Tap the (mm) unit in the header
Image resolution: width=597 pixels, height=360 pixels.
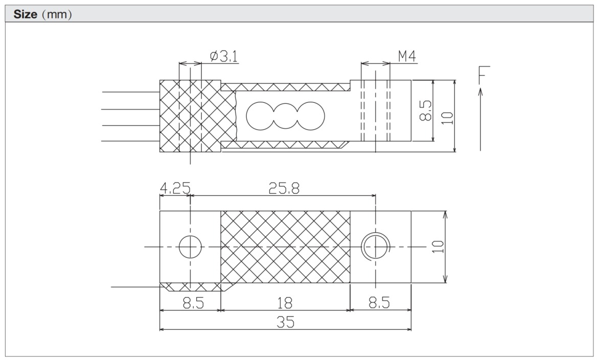point(56,14)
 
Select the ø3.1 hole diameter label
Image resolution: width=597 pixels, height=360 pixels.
point(224,56)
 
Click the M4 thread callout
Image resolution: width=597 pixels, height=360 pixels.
point(406,56)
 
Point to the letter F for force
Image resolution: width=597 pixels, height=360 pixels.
point(484,75)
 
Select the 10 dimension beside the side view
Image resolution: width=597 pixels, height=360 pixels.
point(447,117)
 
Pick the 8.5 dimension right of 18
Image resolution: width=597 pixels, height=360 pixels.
point(380,303)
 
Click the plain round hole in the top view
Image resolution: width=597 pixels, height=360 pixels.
point(190,247)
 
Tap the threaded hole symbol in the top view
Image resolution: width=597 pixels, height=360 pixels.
point(375,247)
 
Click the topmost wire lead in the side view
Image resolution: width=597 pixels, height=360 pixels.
point(131,93)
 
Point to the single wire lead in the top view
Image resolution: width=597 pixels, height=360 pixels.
point(135,287)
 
